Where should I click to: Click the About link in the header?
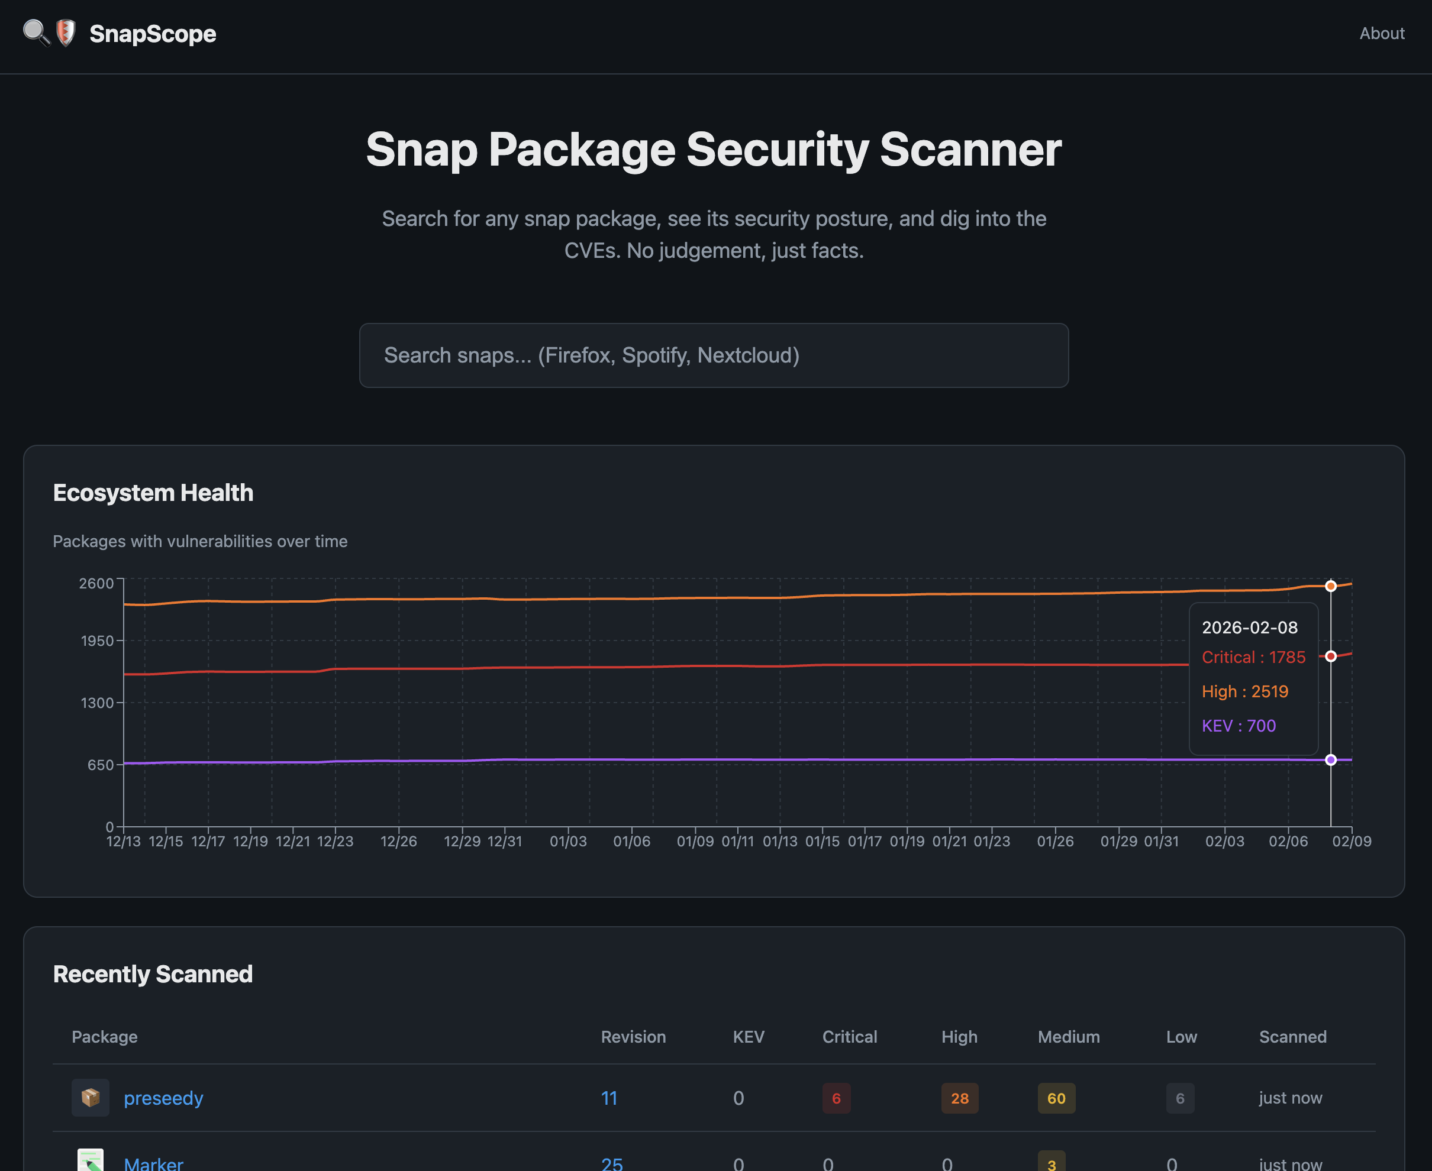click(x=1381, y=33)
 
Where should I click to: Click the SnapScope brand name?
click(x=153, y=34)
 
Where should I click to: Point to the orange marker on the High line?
click(x=1331, y=586)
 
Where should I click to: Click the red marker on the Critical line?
click(x=1331, y=656)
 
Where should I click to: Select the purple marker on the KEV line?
click(x=1331, y=760)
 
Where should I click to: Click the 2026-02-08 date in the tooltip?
click(x=1250, y=628)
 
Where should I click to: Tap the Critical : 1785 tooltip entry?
click(x=1254, y=658)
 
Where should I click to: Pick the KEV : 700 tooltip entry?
click(x=1239, y=726)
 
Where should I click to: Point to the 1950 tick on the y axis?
click(x=97, y=641)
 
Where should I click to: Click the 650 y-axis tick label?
click(x=101, y=765)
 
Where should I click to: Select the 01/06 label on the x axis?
click(x=631, y=842)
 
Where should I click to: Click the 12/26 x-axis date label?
click(x=399, y=842)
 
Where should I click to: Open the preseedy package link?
click(x=163, y=1098)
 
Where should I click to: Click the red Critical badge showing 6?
click(x=836, y=1098)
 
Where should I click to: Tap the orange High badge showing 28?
click(x=960, y=1098)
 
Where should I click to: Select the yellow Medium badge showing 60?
click(x=1056, y=1098)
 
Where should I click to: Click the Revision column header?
click(x=633, y=1037)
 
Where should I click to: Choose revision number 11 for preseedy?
click(x=609, y=1098)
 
